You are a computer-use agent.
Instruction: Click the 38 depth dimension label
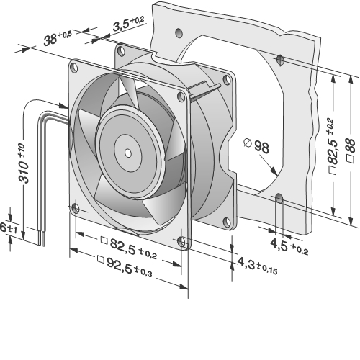tap(58, 38)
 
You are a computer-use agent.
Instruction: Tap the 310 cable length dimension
tap(24, 163)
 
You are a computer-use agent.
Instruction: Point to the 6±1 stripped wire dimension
tap(9, 228)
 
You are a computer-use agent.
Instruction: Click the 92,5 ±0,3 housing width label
tap(125, 266)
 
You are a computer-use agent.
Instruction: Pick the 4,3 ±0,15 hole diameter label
tap(257, 265)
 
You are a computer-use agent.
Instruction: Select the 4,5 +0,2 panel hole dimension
tap(289, 246)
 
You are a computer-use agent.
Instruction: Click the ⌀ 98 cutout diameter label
tap(256, 145)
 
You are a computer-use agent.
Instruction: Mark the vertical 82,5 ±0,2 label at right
tap(333, 146)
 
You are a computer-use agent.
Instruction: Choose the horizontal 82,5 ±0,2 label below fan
tap(129, 248)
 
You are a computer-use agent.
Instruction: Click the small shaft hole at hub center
tap(128, 153)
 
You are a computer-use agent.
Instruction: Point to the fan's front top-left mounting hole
tap(74, 68)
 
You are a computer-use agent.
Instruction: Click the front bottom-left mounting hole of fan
tap(76, 209)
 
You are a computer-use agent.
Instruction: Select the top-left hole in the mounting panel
tap(179, 33)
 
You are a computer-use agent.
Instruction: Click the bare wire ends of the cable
tap(41, 238)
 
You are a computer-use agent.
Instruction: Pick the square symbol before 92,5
tap(101, 259)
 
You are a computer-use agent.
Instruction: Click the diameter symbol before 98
tap(247, 143)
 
